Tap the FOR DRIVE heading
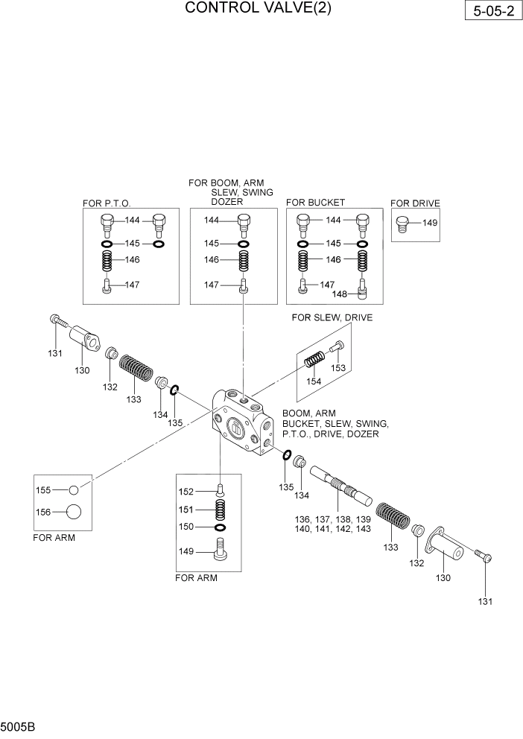[415, 203]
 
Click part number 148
[340, 294]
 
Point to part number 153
[338, 367]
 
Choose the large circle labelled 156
[73, 512]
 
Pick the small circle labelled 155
[73, 490]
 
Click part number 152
[186, 491]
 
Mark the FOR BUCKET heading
[315, 203]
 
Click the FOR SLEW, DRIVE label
[332, 318]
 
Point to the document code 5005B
[16, 724]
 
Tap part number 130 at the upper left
[81, 370]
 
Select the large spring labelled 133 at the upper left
[137, 368]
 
